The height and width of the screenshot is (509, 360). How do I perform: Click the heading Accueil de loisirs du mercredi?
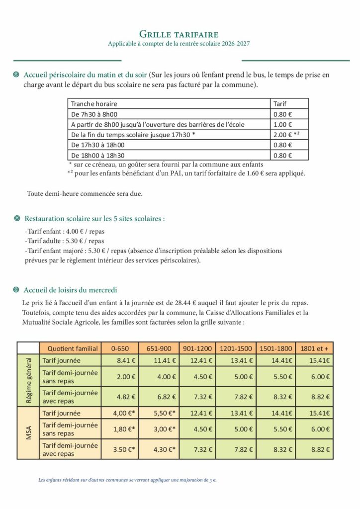click(x=71, y=290)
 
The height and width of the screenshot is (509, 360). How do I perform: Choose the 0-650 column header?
click(x=120, y=348)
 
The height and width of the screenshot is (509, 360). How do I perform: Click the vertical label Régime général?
click(x=28, y=380)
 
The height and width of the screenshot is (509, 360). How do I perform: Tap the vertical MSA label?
click(x=28, y=431)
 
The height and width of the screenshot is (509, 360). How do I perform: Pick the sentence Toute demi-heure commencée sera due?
click(x=85, y=193)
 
